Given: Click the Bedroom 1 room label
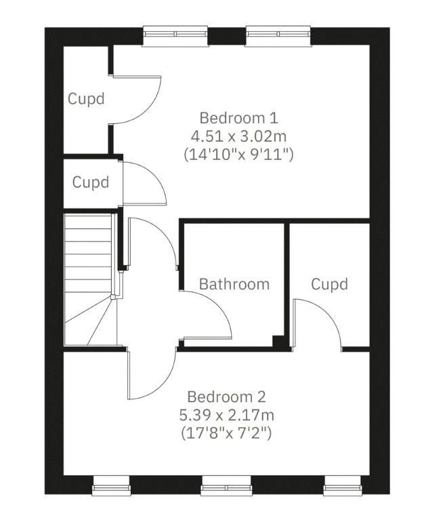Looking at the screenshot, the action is [238, 118].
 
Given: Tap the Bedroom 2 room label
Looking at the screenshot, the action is [226, 397].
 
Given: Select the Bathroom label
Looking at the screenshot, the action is [234, 284].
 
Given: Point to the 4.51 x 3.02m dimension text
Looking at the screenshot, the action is [238, 136].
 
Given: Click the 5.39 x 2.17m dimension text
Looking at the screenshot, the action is [227, 415].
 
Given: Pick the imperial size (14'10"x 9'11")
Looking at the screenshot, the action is [238, 155].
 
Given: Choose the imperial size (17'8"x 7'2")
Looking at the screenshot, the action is [227, 433].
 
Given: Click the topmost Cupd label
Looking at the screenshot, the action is [86, 98].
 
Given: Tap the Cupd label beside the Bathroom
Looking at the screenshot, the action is [329, 284].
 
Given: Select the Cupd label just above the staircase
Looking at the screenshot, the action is [91, 182].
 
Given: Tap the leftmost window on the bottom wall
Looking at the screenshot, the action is [111, 486].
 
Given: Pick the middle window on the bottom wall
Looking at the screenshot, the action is [226, 486].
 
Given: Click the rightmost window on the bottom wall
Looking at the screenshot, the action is [343, 486].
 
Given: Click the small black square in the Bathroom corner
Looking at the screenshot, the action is [278, 341].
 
